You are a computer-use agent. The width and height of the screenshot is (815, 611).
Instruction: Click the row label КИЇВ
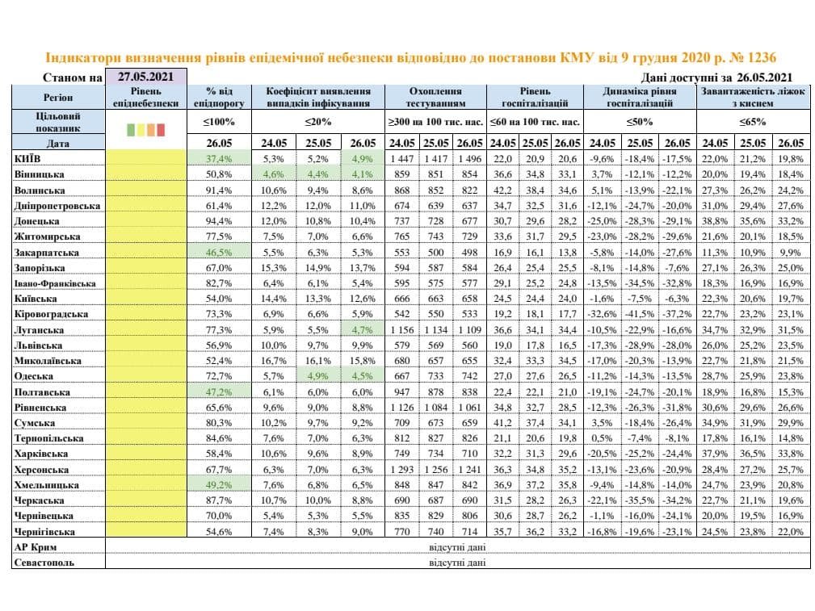[27, 158]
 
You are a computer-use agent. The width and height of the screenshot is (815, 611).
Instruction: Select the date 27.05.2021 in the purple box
[145, 77]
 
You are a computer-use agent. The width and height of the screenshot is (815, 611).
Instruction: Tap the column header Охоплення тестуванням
[435, 97]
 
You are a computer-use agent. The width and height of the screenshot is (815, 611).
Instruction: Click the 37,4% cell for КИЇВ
[219, 158]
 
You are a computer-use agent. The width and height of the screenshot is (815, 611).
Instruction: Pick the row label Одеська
[34, 376]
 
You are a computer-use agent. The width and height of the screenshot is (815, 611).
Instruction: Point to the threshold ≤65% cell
[753, 122]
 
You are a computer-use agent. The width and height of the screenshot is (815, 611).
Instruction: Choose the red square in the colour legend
[161, 129]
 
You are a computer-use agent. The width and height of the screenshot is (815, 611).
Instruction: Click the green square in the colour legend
[131, 129]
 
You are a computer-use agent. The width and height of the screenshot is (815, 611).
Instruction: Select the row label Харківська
[40, 454]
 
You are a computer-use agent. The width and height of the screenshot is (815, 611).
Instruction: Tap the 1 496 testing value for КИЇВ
[470, 158]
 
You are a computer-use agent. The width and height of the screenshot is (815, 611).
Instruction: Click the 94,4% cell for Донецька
[219, 221]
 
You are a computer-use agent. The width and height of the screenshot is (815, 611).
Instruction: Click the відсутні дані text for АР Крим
[457, 547]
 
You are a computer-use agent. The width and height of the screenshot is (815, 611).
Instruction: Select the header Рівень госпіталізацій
[535, 97]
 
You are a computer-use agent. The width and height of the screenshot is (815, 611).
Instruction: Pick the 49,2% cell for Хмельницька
[219, 485]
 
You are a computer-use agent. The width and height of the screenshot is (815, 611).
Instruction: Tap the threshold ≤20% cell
[318, 122]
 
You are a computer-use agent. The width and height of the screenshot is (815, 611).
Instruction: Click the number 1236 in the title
[760, 57]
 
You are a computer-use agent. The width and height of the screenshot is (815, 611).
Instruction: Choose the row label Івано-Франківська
[55, 283]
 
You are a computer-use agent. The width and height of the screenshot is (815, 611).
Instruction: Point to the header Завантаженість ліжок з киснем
[753, 97]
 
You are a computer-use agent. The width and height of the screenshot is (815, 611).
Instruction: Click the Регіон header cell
[58, 97]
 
